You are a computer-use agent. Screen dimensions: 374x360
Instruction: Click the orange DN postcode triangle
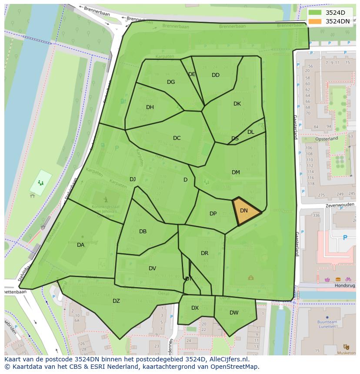coord(245,212)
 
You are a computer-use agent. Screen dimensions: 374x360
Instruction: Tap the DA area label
coord(80,245)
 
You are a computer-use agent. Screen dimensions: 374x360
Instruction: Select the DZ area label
coord(116,301)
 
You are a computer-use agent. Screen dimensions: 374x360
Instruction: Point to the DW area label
coord(234,312)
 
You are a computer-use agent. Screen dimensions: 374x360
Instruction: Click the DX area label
coord(195,308)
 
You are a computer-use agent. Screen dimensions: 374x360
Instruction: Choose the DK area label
coord(237,104)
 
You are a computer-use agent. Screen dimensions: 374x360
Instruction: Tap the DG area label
coord(171,82)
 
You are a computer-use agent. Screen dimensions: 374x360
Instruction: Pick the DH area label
coord(150,107)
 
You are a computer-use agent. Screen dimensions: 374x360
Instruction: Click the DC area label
coord(177,138)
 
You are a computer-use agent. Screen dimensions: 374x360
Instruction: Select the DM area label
coord(236,172)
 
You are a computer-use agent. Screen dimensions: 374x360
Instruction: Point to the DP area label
coord(213,214)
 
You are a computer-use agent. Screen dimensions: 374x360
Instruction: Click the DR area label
coord(204,253)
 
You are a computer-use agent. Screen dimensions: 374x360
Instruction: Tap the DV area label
coord(152,268)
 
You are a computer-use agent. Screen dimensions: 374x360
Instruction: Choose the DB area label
coord(143,232)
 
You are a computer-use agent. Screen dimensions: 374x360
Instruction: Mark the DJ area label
coord(133,179)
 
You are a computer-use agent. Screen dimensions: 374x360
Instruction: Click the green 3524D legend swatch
coord(315,13)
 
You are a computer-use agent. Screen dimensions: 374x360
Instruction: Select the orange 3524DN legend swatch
coord(315,21)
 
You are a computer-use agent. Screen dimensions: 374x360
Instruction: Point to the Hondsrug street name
coord(345,286)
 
